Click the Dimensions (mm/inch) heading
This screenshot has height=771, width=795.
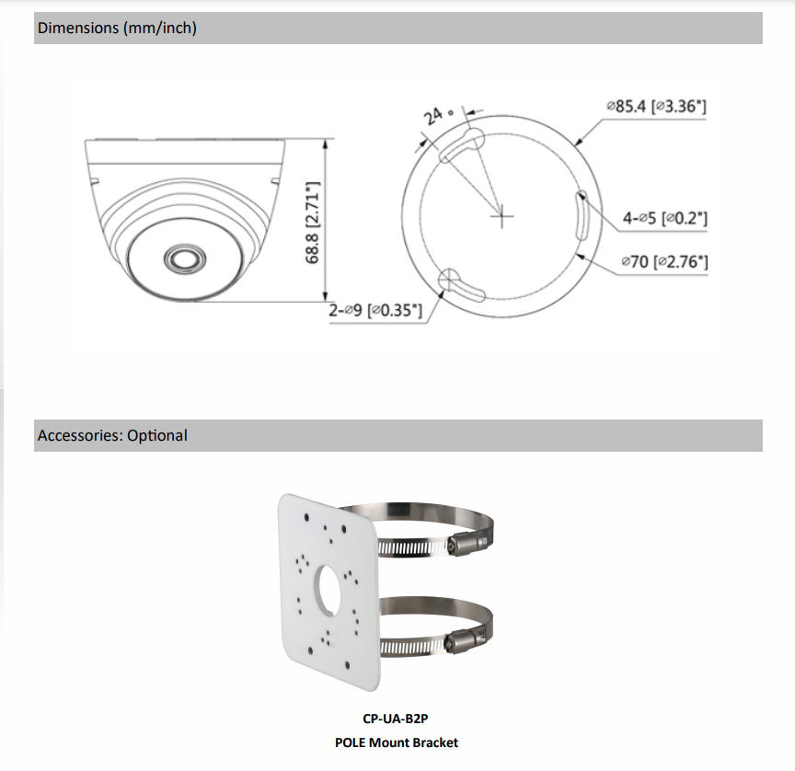[x=117, y=28]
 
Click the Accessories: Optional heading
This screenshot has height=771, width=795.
[x=112, y=435]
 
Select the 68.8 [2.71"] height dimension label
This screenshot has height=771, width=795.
[x=312, y=222]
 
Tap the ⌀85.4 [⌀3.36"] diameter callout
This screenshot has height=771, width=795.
[x=657, y=106]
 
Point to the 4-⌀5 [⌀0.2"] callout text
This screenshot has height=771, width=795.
[x=664, y=218]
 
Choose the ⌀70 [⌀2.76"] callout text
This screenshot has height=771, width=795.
[x=664, y=261]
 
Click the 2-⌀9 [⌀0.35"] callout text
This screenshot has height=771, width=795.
[x=375, y=310]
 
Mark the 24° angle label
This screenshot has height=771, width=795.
[x=438, y=115]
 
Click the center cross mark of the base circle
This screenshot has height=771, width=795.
[x=502, y=216]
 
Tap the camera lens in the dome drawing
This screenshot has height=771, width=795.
[x=185, y=259]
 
